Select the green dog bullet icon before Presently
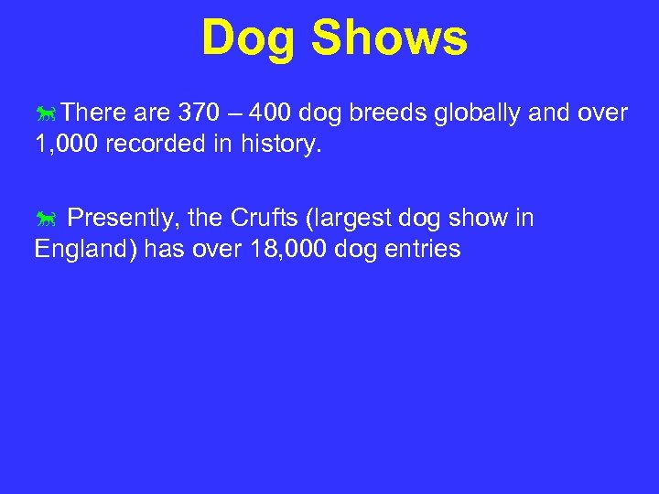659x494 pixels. coord(47,220)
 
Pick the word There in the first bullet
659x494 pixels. coord(96,113)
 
